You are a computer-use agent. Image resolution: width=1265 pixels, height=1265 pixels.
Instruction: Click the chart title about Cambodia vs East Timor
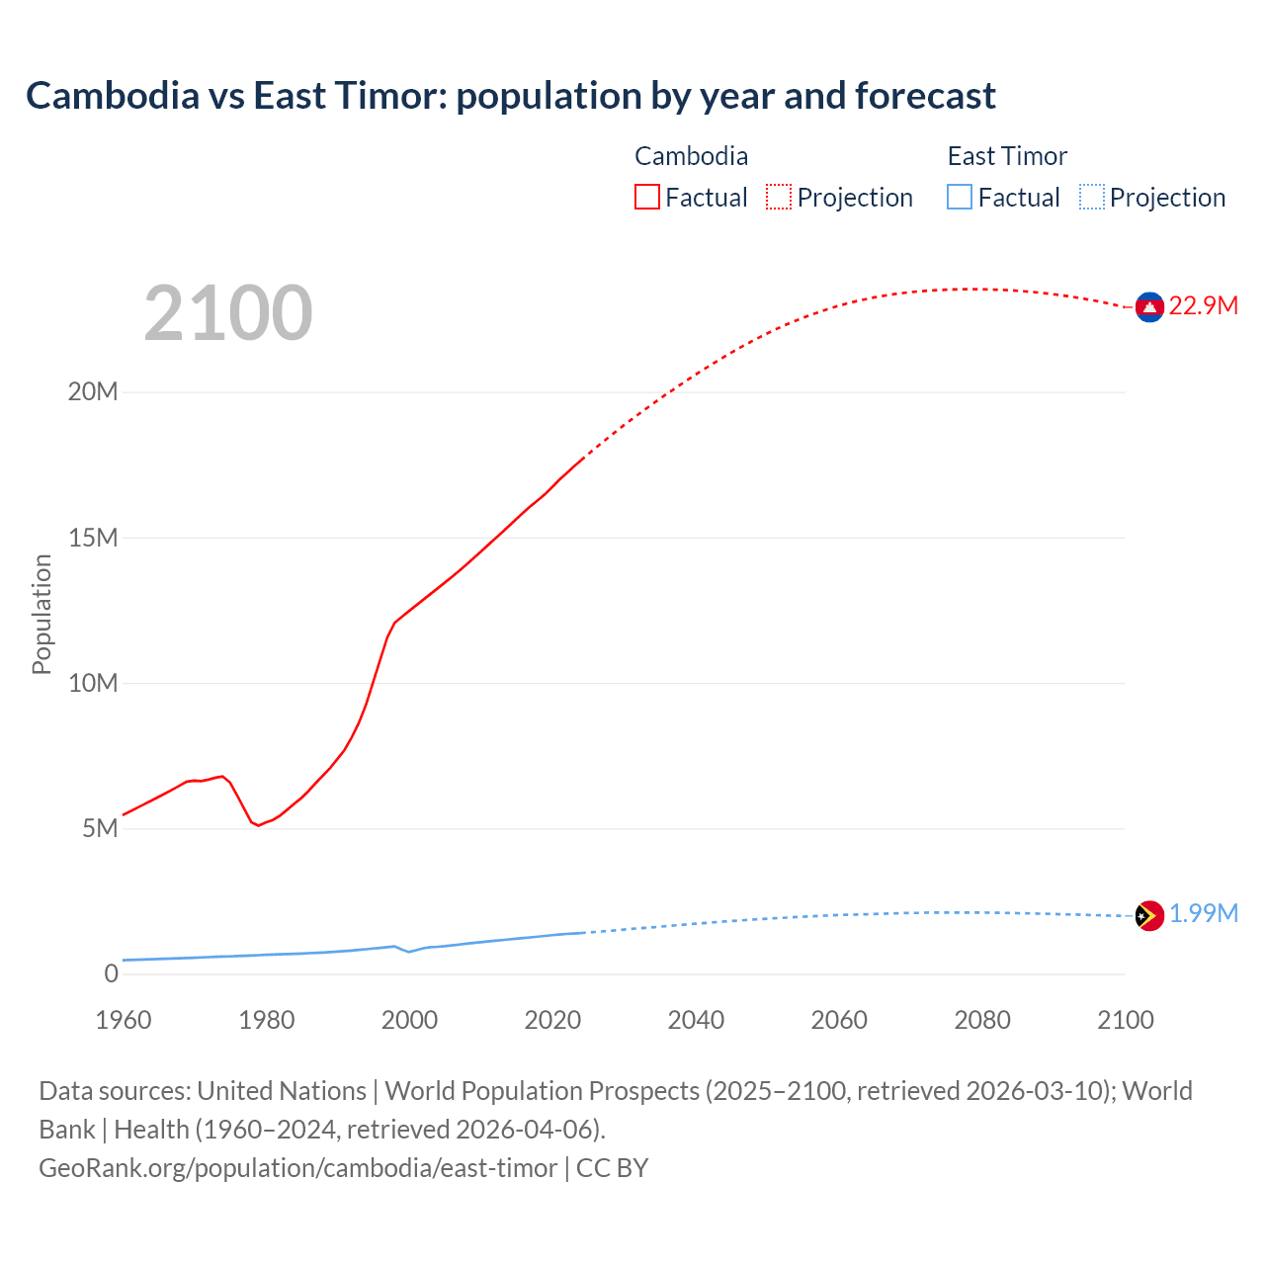[x=510, y=96]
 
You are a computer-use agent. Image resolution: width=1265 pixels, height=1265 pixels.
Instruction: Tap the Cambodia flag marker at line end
[x=1148, y=307]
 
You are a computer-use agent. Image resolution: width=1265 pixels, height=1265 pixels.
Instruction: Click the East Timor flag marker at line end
[x=1148, y=915]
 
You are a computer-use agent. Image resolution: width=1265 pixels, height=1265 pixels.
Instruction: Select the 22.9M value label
[x=1203, y=306]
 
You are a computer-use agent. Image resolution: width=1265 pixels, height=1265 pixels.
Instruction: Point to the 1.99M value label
[x=1203, y=914]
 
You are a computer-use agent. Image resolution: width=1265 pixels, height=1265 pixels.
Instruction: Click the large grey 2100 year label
[x=228, y=313]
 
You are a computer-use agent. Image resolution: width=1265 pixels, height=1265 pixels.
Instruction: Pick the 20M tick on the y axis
[x=93, y=392]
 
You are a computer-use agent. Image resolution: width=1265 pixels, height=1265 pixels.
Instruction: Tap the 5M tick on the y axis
[x=100, y=828]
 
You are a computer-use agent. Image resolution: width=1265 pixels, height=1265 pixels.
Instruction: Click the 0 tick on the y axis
[x=111, y=973]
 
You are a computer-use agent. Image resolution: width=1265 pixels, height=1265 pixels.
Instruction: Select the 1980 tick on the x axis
[x=266, y=1020]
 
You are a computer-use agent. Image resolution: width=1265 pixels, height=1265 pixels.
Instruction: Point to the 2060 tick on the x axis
[x=839, y=1020]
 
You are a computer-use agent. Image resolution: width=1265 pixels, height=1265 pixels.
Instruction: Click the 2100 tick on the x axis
[x=1125, y=1020]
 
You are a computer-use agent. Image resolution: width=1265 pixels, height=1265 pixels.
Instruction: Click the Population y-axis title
[x=42, y=614]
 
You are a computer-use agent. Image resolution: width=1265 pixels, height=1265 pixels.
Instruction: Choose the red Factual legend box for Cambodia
[x=646, y=197]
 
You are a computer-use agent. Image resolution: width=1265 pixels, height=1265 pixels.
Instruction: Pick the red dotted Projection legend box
[x=779, y=197]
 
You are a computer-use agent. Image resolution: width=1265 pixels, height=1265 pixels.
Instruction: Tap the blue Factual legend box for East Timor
[x=960, y=197]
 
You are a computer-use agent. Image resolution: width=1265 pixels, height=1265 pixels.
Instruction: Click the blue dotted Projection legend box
[x=1091, y=197]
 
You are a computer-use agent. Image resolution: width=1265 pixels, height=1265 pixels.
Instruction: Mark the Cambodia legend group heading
[x=691, y=156]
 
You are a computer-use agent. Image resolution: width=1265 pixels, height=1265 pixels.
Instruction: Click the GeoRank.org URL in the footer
[x=297, y=1168]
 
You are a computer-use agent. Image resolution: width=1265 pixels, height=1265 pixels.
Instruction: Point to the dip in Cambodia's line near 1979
[x=258, y=825]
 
